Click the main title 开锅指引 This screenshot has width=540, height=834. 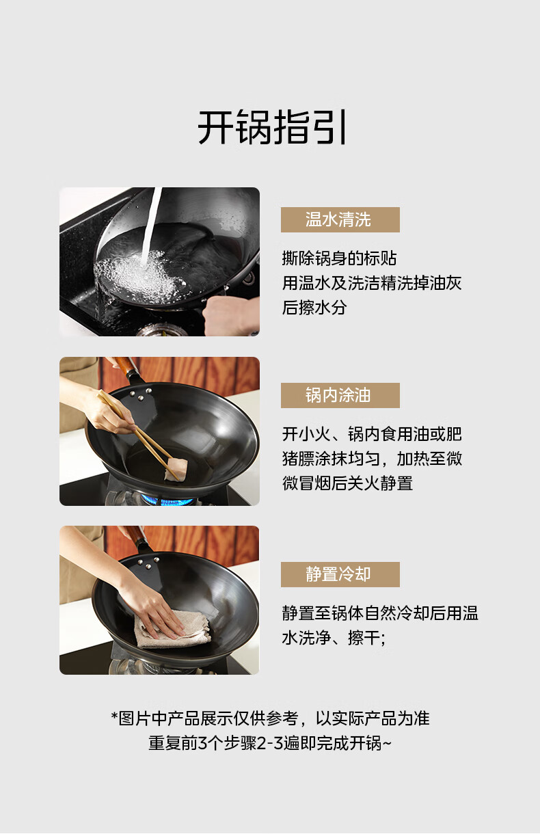click(x=272, y=127)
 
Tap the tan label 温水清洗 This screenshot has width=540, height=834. click(x=340, y=219)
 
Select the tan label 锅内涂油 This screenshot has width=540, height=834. click(x=340, y=395)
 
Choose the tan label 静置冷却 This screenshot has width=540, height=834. click(x=340, y=574)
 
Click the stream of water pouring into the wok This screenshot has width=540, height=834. click(x=151, y=226)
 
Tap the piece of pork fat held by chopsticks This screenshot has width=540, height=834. click(x=176, y=468)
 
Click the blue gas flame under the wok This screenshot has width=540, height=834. click(x=167, y=500)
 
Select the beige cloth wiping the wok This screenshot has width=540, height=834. click(x=172, y=628)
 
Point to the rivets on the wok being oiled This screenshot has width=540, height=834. click(x=140, y=394)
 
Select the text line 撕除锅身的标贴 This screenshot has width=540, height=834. click(x=339, y=258)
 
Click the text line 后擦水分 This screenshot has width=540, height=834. click(x=314, y=308)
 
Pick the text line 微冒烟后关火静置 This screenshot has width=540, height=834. click(x=347, y=483)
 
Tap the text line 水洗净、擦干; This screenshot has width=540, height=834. click(x=334, y=637)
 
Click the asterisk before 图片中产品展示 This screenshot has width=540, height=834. click(x=114, y=716)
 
